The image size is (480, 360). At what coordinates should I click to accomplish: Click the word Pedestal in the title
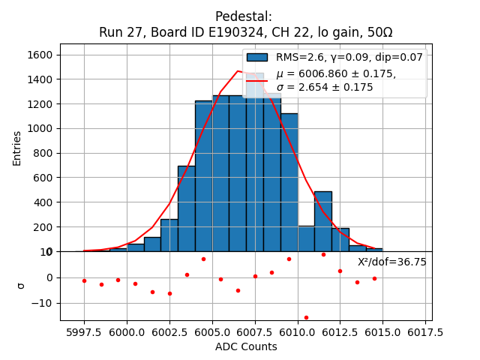pyautogui.click(x=243, y=16)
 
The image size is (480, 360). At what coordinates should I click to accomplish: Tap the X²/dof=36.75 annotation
pyautogui.click(x=391, y=262)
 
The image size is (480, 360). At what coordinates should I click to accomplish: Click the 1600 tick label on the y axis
pyautogui.click(x=40, y=55)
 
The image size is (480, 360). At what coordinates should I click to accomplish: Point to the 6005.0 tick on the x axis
pyautogui.click(x=212, y=332)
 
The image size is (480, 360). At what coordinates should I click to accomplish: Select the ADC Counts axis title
pyautogui.click(x=246, y=346)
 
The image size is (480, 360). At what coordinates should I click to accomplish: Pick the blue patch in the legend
pyautogui.click(x=257, y=58)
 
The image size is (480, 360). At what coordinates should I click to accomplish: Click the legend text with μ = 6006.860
pyautogui.click(x=336, y=74)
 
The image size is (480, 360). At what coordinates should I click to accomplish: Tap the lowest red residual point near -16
pyautogui.click(x=306, y=317)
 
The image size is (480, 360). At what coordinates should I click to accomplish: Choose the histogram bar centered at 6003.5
pyautogui.click(x=187, y=209)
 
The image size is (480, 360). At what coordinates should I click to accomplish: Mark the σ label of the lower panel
pyautogui.click(x=21, y=286)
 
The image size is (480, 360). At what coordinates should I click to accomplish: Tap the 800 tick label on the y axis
pyautogui.click(x=43, y=154)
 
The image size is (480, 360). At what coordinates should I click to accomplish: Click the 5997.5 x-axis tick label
pyautogui.click(x=84, y=332)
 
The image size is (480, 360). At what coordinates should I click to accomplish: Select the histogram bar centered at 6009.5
pyautogui.click(x=289, y=183)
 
